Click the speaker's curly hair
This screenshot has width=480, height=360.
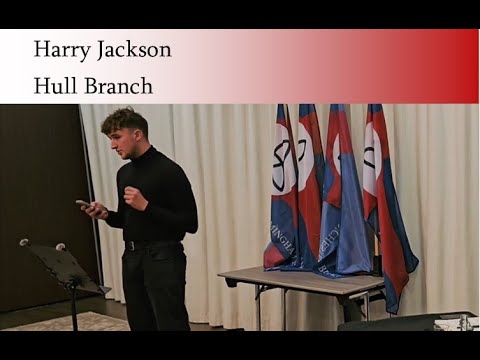[126, 121]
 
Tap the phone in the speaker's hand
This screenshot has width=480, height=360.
[84, 205]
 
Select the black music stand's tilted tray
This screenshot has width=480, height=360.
[62, 268]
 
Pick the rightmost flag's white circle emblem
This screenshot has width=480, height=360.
[371, 156]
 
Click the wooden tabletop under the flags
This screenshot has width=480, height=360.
[300, 279]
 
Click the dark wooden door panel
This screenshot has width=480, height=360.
[40, 200]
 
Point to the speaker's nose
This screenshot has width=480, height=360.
[114, 141]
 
